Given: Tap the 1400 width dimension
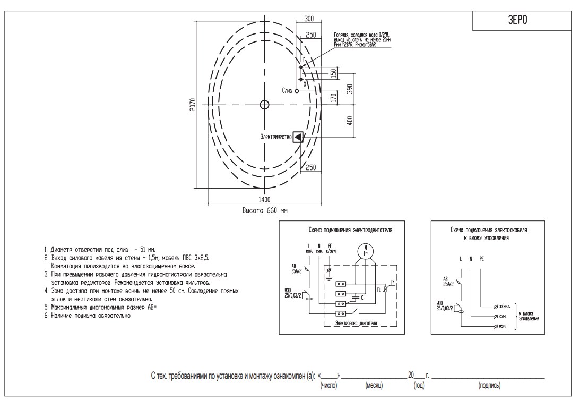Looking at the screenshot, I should (x=264, y=199).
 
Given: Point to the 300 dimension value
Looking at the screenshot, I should (x=309, y=19).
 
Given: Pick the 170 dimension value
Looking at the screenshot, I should (x=333, y=98).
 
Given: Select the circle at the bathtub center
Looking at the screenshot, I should (x=264, y=105).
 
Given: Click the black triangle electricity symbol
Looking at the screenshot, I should (x=298, y=137).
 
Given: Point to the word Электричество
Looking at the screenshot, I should (x=276, y=137).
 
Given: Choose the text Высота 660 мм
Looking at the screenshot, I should (x=265, y=211).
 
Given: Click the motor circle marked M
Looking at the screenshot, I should (x=365, y=250).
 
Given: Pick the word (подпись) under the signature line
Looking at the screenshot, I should (x=489, y=385).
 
